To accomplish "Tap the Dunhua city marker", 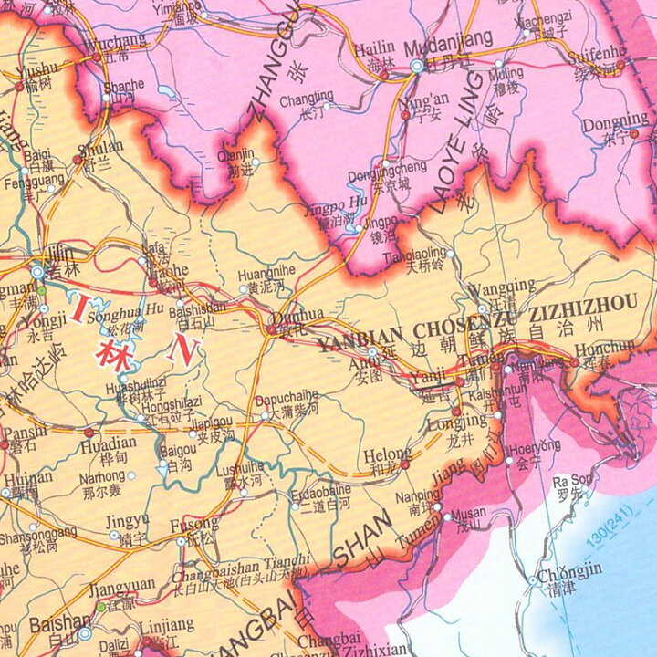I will pyautogui.click(x=273, y=329).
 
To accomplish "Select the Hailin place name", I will pyautogui.click(x=374, y=47).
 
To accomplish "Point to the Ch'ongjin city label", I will pyautogui.click(x=569, y=573).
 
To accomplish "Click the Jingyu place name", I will pyautogui.click(x=127, y=520).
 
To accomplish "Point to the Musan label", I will pyautogui.click(x=469, y=514).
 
